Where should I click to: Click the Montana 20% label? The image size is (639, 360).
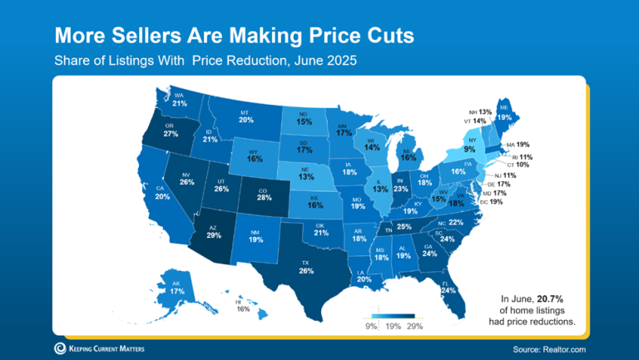[x=245, y=120]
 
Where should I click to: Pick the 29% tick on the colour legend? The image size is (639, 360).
[x=414, y=326]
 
